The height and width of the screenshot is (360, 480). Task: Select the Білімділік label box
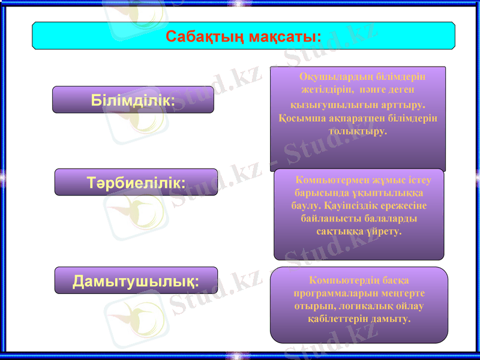(x=133, y=100)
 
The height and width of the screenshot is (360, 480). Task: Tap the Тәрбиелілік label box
(x=136, y=182)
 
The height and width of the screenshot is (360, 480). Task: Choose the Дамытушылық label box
(x=136, y=280)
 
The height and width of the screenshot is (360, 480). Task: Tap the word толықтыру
(x=358, y=130)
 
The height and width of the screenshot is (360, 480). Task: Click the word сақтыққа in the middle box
(x=338, y=230)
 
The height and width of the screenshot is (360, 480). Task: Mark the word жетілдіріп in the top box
(x=329, y=91)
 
